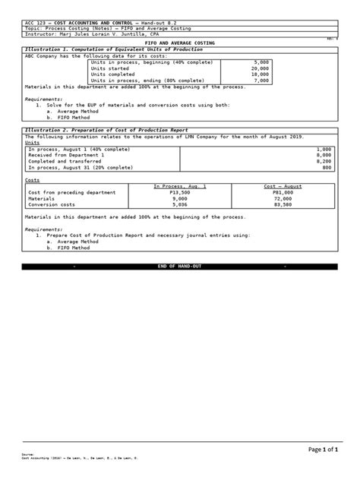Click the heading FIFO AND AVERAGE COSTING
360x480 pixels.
click(x=180, y=43)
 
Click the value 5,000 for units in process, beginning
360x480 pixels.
click(x=261, y=62)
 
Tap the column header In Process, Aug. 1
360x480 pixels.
click(x=180, y=186)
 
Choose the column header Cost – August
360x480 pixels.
click(x=283, y=186)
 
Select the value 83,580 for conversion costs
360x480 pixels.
click(x=282, y=204)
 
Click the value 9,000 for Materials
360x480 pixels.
click(x=179, y=198)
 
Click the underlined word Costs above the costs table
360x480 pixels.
click(x=33, y=180)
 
